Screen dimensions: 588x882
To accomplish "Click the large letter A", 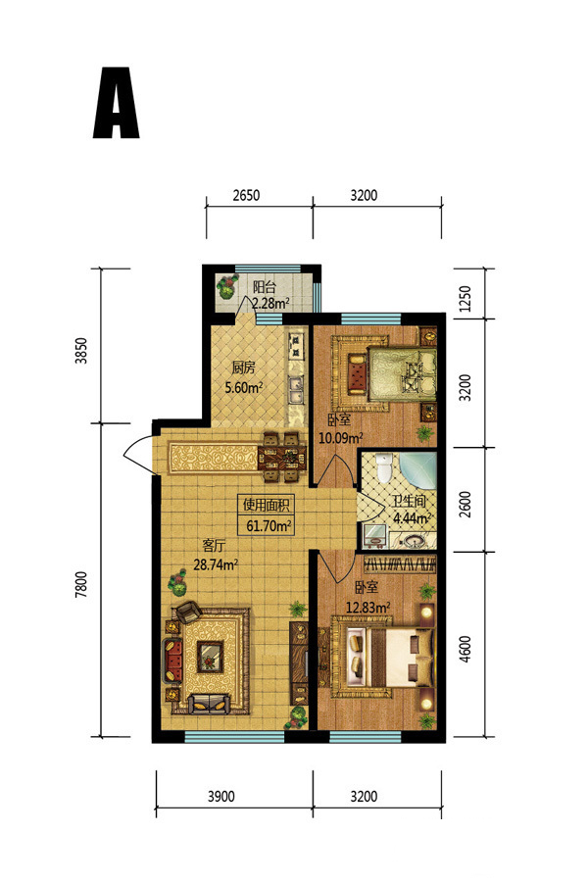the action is click(116, 103).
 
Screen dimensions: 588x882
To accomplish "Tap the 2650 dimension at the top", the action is click(246, 195).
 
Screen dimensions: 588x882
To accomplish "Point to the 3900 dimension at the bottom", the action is click(221, 797).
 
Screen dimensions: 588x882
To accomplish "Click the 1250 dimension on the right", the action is click(465, 299).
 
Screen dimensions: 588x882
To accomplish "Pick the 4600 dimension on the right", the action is click(465, 649).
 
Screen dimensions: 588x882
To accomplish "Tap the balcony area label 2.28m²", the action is click(270, 304).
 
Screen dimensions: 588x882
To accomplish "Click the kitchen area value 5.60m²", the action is click(244, 387).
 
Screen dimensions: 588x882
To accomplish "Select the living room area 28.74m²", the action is click(216, 564).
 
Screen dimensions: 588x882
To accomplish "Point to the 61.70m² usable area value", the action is click(269, 526).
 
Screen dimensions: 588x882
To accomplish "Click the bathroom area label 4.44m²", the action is click(413, 517).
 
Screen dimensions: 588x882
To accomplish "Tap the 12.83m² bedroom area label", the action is click(368, 608).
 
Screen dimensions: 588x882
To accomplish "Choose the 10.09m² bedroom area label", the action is click(340, 437).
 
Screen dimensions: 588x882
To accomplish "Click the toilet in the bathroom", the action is click(384, 468).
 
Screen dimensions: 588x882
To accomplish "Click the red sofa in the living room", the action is click(172, 660).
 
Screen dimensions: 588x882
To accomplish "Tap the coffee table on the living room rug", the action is click(210, 658).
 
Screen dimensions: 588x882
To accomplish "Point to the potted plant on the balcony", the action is click(226, 286).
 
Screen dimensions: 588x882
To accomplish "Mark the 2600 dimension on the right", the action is click(465, 505).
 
